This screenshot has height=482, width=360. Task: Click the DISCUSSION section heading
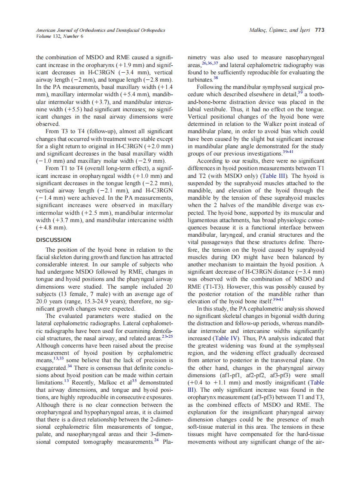54,240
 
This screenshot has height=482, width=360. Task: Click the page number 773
319,30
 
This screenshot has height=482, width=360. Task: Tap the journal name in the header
100,30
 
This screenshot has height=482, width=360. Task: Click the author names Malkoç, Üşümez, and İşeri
280,30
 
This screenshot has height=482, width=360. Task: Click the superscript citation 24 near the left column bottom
156,440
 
